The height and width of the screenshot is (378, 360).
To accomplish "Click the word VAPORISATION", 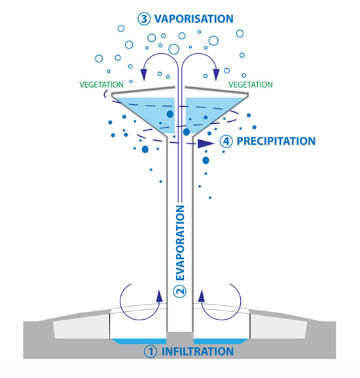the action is pos(194,19).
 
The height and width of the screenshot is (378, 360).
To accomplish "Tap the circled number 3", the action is pos(144,19).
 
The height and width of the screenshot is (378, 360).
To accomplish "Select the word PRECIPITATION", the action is pos(276,142).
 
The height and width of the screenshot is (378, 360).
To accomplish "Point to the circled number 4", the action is pos(226,142).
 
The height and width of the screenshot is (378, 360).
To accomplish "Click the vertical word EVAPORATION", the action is pos(181,243).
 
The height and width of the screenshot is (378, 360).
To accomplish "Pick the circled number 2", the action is pos(180,292).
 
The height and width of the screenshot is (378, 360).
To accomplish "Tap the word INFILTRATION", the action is pos(198,352).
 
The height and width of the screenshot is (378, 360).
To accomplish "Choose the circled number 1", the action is pos(151,352).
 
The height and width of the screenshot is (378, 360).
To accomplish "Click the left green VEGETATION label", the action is pos(101,85).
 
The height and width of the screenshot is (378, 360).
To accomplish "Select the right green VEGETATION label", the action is pos(251,85).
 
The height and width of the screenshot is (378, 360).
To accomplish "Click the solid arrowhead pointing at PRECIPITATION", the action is pos(206,143).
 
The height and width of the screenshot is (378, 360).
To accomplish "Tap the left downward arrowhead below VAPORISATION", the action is pos(144,75).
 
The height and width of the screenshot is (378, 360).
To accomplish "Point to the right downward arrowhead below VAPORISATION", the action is pos(217,75).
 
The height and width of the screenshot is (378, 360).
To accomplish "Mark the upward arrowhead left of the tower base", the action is pos(159,296).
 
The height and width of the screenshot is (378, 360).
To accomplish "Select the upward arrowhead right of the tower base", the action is pos(202,296).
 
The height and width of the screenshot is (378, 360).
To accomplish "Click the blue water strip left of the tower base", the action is pos(139,341).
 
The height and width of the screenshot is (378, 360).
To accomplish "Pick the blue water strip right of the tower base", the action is pos(221,341).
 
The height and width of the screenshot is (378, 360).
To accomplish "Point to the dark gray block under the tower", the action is pos(180,338).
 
